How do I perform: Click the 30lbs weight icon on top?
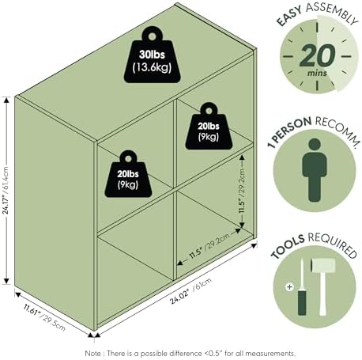click(x=153, y=57)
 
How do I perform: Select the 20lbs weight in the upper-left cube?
click(x=128, y=176)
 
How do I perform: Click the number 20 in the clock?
click(x=318, y=55)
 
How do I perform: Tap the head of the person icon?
click(x=315, y=145)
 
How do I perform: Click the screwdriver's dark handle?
click(x=302, y=302)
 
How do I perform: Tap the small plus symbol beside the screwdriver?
click(x=289, y=286)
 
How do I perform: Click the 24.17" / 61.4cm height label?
click(x=6, y=190)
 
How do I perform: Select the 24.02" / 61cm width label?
click(x=190, y=290)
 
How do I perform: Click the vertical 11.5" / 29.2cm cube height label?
click(x=242, y=191)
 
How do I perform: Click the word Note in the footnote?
click(x=92, y=353)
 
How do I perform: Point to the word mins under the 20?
click(x=317, y=73)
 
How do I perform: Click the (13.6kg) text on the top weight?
click(x=152, y=67)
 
